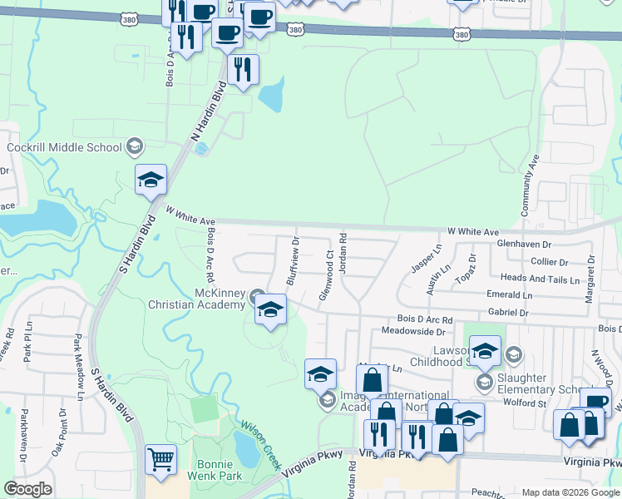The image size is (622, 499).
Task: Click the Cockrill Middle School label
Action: click(x=64, y=148)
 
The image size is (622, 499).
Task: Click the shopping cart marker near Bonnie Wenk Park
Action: click(x=160, y=459)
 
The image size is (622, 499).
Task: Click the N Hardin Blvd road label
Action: click(x=211, y=117)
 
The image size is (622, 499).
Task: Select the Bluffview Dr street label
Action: click(x=293, y=260)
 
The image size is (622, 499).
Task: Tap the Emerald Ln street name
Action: click(x=509, y=295)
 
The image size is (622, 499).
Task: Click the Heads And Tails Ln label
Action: click(x=540, y=279)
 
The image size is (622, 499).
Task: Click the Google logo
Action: click(x=27, y=489)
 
